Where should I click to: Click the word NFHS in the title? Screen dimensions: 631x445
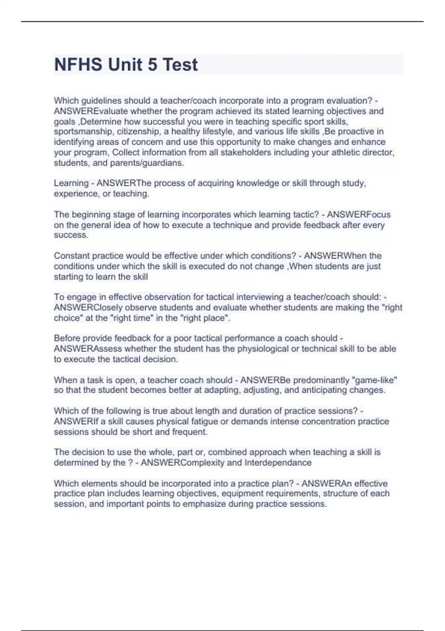click(78, 65)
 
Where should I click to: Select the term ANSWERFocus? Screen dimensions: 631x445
click(358, 215)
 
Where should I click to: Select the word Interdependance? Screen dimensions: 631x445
click(278, 463)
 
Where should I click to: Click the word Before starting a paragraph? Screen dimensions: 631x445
click(67, 339)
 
